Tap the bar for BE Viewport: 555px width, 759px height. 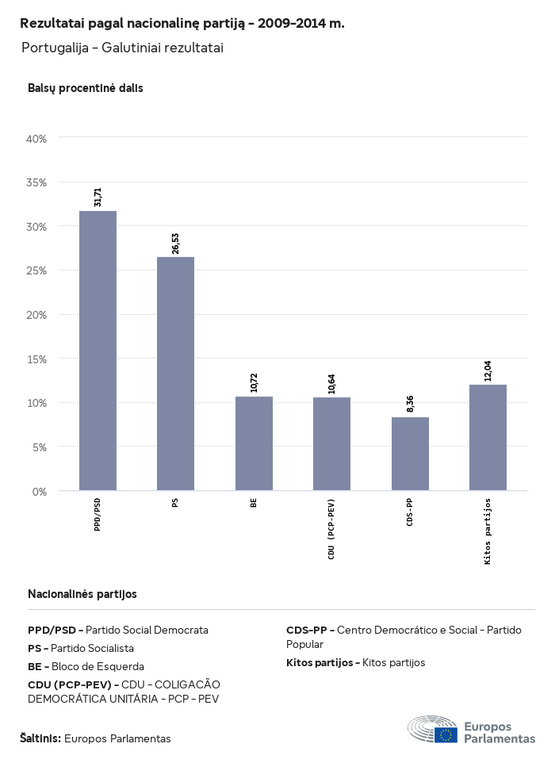pos(254,443)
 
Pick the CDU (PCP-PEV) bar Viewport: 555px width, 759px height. pos(331,444)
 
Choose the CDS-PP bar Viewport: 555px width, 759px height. pos(410,454)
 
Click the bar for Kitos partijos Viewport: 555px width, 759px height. pos(488,438)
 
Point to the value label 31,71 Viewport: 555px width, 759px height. pos(98,197)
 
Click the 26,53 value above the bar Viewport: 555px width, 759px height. pos(175,243)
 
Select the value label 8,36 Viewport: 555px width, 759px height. pos(410,404)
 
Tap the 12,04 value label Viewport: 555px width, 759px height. pos(488,371)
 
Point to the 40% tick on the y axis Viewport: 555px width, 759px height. pos(37,139)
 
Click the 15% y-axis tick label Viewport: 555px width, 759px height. pos(37,358)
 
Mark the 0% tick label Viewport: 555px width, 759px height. pos(40,492)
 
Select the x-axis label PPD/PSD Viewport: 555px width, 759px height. pos(98,515)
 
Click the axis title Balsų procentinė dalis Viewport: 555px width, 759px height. pos(86,89)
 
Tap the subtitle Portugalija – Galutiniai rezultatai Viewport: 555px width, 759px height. pos(122,48)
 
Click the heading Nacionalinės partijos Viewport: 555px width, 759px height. pos(82,594)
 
